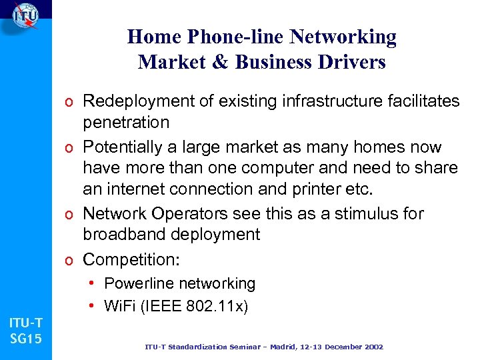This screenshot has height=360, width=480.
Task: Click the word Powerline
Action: click(136, 283)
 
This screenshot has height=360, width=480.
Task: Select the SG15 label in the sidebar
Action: click(26, 339)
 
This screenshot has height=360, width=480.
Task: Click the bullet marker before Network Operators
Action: click(70, 214)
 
